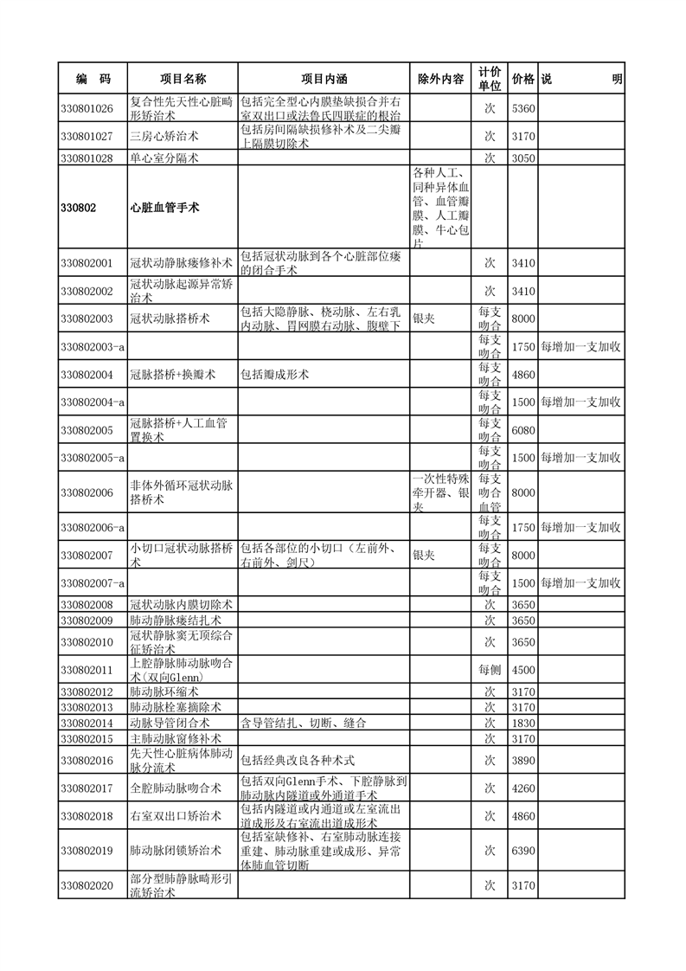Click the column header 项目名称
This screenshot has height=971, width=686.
(183, 79)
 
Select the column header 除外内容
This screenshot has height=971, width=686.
(440, 79)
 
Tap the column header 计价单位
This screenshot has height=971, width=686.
(490, 79)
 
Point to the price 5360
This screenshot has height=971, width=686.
(523, 108)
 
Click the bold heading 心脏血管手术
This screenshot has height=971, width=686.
(165, 208)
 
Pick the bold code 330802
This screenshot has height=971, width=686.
(78, 208)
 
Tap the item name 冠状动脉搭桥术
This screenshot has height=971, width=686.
(170, 318)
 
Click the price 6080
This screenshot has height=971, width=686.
(523, 430)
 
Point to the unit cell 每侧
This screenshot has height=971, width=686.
(490, 670)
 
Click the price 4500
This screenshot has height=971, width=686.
(523, 670)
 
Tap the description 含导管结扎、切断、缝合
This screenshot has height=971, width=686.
(303, 723)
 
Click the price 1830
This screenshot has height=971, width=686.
(523, 723)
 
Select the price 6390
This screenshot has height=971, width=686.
(523, 851)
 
